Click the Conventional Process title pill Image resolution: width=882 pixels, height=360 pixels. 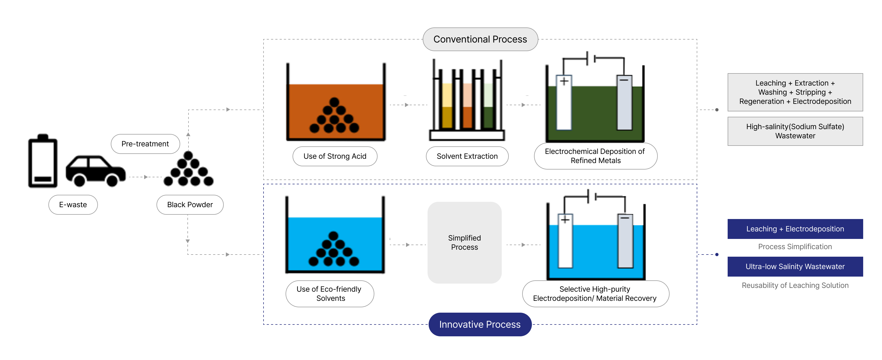[x=480, y=39]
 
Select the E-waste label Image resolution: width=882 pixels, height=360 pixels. [x=73, y=204]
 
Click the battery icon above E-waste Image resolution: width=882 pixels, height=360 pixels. [x=43, y=161]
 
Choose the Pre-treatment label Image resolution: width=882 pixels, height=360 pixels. [x=145, y=144]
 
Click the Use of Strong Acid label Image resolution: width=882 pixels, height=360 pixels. [x=335, y=156]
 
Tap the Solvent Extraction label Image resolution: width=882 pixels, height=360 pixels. [x=467, y=156]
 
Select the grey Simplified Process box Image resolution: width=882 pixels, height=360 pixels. [x=464, y=242]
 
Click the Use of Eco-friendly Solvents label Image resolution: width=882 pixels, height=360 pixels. [x=329, y=294]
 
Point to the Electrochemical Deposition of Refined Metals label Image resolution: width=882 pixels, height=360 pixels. [x=595, y=156]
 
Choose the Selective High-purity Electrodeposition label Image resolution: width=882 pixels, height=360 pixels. [x=595, y=294]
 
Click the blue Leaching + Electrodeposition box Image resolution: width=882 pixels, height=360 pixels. [x=795, y=229]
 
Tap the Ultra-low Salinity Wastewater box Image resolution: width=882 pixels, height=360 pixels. [x=795, y=266]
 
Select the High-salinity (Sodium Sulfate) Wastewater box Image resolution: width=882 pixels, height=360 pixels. [x=795, y=131]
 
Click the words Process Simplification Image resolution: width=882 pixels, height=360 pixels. [x=795, y=247]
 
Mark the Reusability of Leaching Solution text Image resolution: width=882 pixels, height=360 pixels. [x=795, y=285]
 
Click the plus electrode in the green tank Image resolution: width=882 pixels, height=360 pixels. [x=564, y=103]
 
